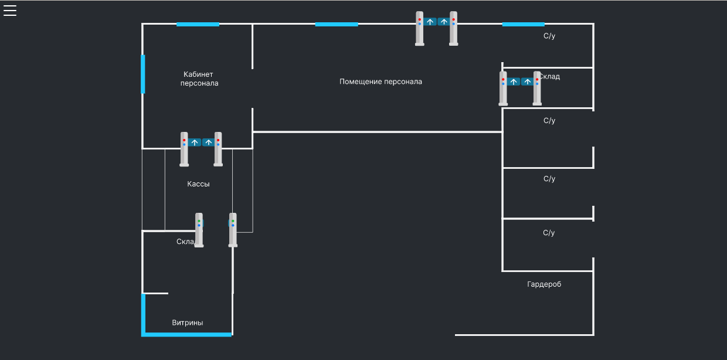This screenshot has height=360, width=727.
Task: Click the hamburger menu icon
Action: pos(10,11)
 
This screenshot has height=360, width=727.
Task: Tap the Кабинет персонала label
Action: pos(199,79)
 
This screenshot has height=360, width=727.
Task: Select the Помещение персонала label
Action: pos(381,81)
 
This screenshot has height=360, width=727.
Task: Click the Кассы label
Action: pos(198,184)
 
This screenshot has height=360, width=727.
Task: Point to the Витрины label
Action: pos(188,322)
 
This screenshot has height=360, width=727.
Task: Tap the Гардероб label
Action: pos(544,284)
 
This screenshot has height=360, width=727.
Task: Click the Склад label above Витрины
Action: pos(185,242)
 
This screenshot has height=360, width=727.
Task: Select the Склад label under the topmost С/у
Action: pos(550,77)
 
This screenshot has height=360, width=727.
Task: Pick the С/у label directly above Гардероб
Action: pos(549,233)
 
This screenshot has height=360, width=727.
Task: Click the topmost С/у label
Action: pos(549,36)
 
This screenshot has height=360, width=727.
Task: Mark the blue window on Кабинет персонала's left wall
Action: pos(143,74)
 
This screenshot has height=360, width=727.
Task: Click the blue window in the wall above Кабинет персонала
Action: pos(198,24)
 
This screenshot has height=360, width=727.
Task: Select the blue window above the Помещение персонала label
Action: pos(337,24)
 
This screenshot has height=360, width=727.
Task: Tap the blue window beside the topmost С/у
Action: pos(523,24)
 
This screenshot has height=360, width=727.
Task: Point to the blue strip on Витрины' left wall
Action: pos(143,314)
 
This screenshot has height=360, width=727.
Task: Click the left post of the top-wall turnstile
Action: pos(420,28)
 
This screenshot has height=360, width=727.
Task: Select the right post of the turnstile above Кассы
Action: pos(218,149)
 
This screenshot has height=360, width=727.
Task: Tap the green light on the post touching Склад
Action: pos(199,220)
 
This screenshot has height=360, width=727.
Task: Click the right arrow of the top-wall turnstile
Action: pos(444,22)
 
